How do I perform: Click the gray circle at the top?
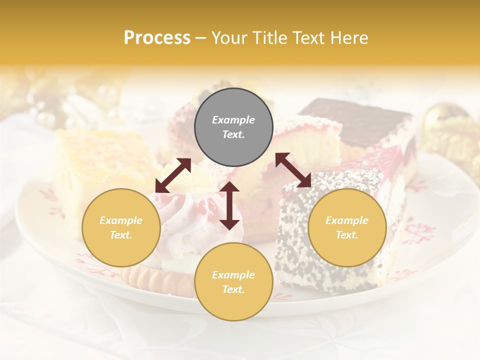(233, 127)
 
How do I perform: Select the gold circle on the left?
(121, 227)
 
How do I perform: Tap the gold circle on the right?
(347, 227)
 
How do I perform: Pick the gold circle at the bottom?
(233, 282)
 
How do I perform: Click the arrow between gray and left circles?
(173, 175)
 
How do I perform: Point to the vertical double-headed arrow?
(229, 205)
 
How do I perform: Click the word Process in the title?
(157, 37)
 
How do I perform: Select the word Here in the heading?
(350, 37)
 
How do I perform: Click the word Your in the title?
(228, 37)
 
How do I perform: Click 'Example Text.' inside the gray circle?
(233, 127)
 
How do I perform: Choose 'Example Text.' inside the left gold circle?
(121, 227)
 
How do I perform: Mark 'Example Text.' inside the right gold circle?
(347, 227)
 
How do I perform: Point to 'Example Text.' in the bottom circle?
(233, 282)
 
